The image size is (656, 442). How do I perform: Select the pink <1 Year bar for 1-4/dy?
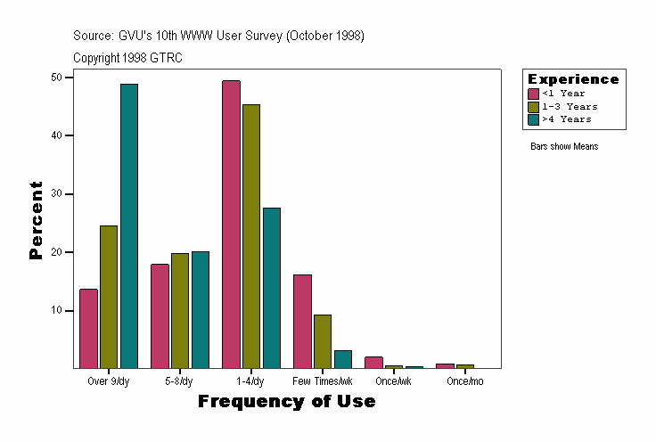pos(231,224)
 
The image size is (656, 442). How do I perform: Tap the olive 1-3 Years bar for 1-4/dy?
pos(251,236)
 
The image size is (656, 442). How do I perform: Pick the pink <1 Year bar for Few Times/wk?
pos(302,321)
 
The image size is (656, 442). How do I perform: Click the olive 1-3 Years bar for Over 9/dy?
pos(109,297)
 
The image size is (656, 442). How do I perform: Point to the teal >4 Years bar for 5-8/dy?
pos(201,309)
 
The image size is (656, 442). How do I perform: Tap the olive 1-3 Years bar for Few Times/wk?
pos(323,341)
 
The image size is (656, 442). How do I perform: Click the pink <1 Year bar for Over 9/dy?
pos(88,328)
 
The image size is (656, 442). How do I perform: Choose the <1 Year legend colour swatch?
pos(534,94)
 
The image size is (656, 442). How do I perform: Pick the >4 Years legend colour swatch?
pos(534,119)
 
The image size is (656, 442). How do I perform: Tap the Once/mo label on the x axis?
pos(464,381)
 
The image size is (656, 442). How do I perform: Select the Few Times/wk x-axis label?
pos(323,381)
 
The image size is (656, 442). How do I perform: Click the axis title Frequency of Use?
pos(286,402)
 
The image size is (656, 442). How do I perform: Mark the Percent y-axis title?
pos(36,220)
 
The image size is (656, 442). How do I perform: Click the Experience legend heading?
pos(573,79)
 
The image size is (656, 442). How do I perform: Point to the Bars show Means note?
pos(564,146)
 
